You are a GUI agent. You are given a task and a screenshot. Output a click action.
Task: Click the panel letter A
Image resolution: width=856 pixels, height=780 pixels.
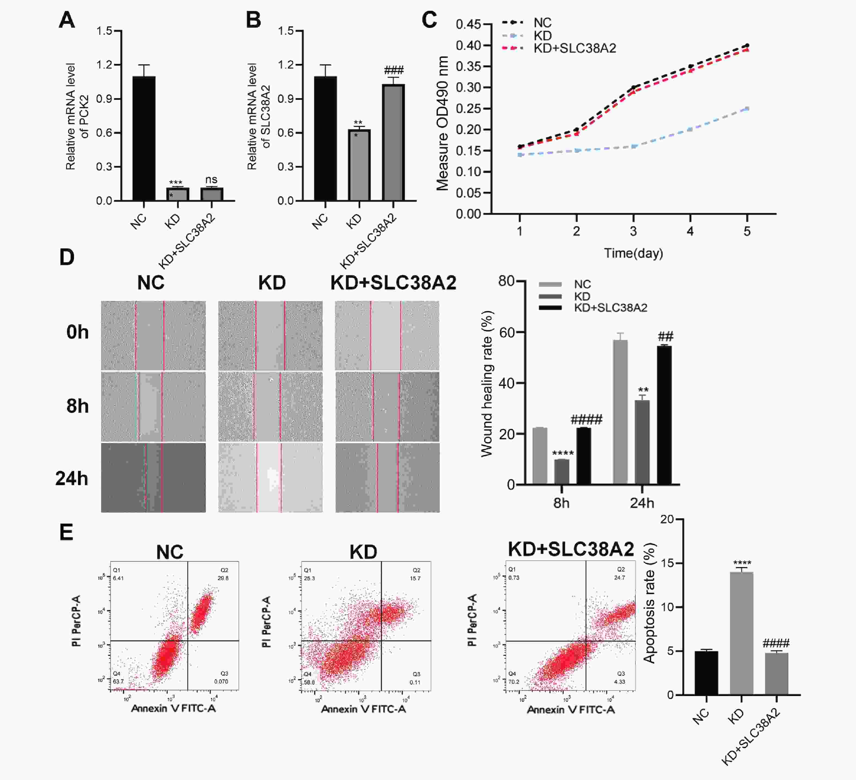67,20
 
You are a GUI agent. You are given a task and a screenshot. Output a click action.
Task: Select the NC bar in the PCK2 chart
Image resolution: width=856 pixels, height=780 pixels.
144,138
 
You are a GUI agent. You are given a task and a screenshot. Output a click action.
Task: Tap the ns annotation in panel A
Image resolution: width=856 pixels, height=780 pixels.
211,180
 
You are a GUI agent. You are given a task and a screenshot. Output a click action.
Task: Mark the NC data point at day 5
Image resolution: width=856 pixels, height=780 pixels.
747,45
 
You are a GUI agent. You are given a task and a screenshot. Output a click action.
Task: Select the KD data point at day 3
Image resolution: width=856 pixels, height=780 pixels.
633,146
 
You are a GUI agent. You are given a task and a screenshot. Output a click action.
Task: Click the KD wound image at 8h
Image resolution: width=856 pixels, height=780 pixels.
270,406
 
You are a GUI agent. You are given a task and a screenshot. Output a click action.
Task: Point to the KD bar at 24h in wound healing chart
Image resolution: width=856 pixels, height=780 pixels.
642,442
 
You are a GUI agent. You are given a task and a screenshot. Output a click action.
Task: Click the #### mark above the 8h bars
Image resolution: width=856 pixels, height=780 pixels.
586,420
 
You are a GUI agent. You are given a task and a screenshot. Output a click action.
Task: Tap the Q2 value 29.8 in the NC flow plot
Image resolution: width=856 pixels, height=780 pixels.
223,578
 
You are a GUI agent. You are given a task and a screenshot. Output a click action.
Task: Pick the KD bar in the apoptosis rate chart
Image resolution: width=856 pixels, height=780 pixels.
741,633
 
